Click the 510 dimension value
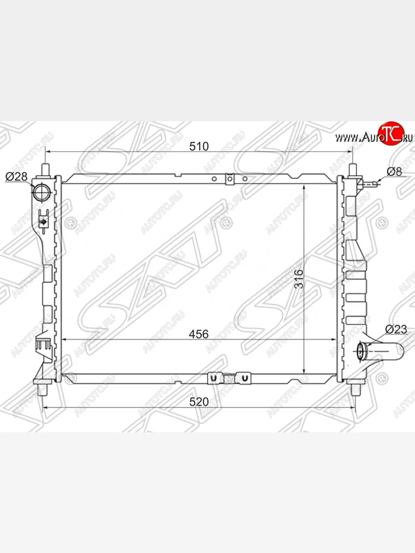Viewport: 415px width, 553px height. (x=199, y=147)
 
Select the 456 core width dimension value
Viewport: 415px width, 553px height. (x=199, y=334)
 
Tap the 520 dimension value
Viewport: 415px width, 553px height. (x=199, y=401)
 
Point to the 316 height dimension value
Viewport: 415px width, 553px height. (x=299, y=278)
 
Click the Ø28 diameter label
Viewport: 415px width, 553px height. (x=16, y=176)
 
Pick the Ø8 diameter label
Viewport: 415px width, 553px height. (x=394, y=172)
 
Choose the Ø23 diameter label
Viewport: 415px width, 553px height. (x=396, y=329)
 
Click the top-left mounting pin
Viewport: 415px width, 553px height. (x=46, y=169)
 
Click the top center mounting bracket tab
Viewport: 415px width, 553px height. (x=230, y=179)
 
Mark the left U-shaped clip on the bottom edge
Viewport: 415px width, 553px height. (x=213, y=378)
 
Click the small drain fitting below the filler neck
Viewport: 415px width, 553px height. (x=43, y=221)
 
